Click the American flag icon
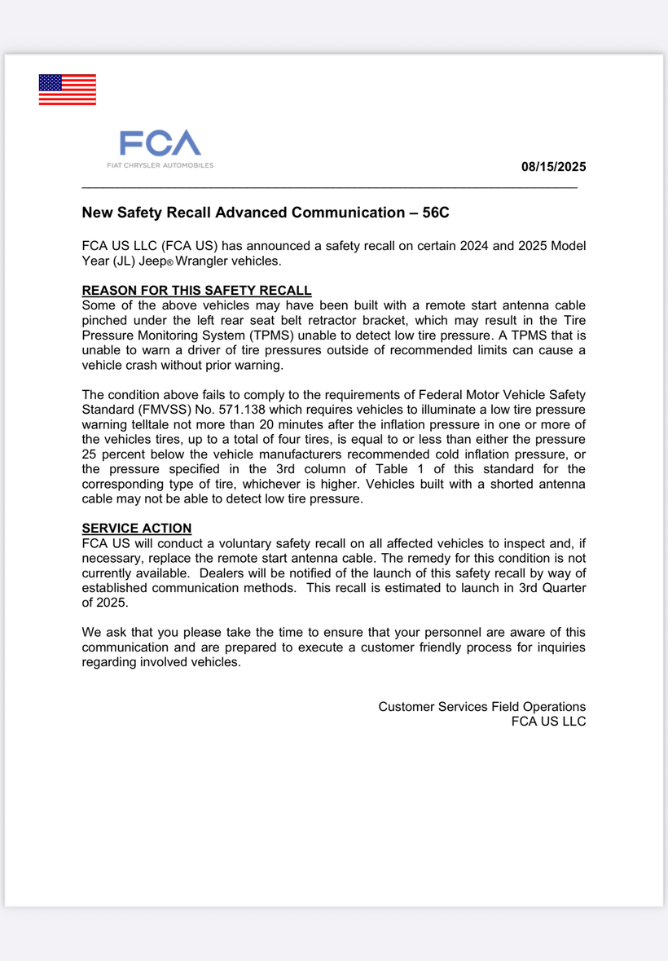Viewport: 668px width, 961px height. (67, 90)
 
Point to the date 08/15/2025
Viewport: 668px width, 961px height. (553, 168)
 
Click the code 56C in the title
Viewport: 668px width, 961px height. (436, 213)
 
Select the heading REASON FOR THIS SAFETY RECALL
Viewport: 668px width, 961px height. (196, 291)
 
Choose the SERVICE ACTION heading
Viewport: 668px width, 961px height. (137, 528)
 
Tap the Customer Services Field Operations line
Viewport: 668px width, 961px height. (481, 707)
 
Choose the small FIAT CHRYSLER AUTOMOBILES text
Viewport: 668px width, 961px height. (160, 165)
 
